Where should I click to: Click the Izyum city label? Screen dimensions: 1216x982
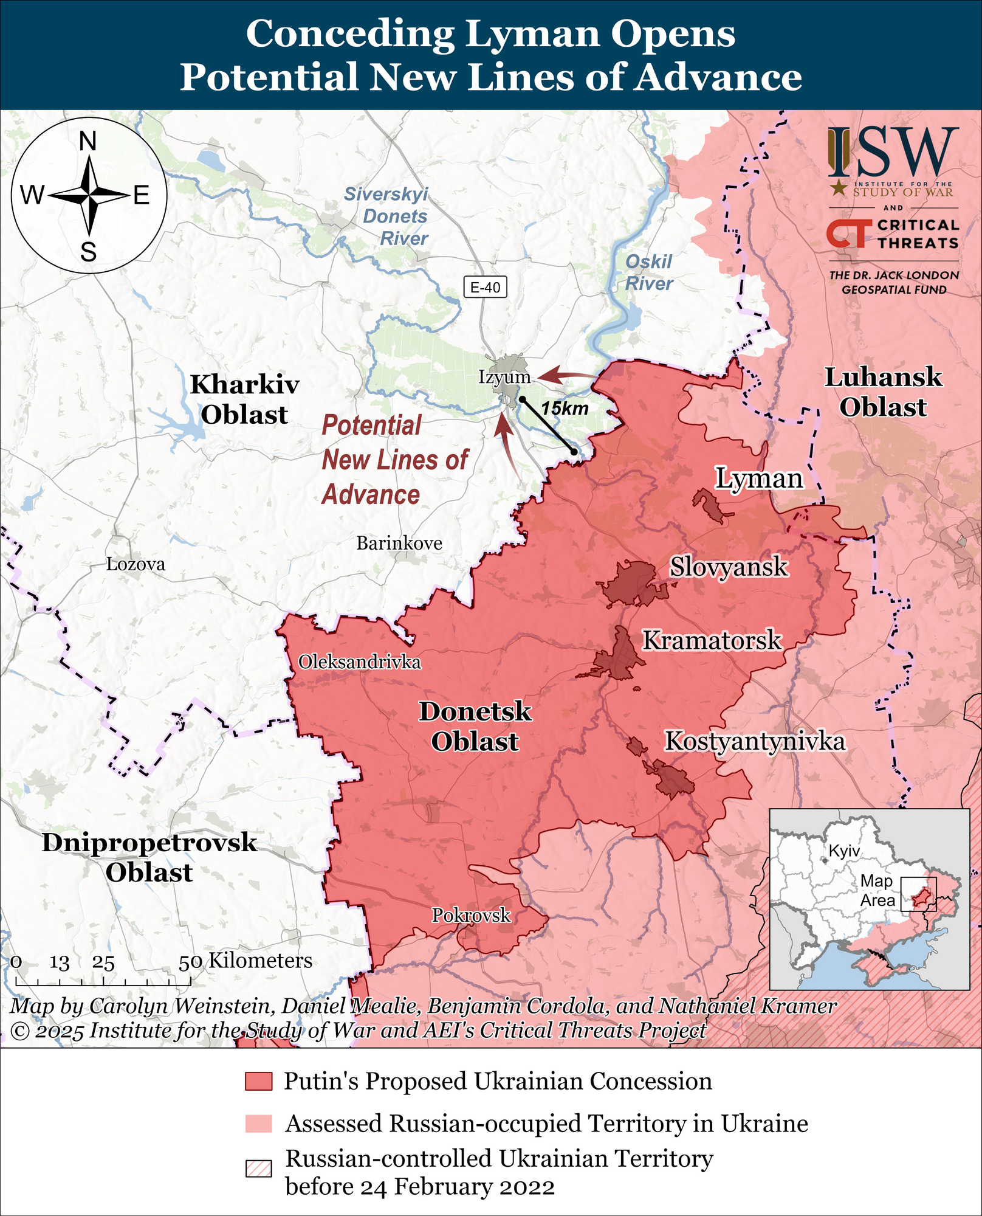504,377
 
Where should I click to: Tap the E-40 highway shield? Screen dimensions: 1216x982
485,287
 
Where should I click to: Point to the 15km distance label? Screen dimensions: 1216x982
565,409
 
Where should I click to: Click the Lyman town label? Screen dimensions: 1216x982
758,478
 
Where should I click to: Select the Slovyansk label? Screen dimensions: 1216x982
728,567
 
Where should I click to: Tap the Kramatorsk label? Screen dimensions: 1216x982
712,640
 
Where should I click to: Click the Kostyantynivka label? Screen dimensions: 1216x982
755,741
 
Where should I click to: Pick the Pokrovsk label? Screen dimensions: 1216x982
471,915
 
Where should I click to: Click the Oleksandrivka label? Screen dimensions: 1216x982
359,662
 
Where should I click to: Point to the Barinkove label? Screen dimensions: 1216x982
399,543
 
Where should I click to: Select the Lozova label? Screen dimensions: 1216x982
136,564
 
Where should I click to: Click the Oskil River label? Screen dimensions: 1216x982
648,272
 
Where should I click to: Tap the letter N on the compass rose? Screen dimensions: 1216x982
88,142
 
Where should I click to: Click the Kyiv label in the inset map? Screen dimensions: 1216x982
844,851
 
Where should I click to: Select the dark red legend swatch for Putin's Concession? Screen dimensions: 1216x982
258,1082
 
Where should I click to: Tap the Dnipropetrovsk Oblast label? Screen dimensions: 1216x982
149,857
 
